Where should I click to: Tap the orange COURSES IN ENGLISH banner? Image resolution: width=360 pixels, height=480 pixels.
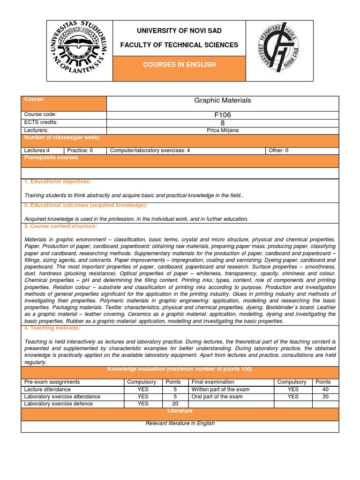[180, 65]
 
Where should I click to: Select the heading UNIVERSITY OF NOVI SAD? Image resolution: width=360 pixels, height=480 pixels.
[180, 31]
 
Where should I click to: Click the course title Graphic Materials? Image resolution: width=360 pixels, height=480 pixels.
[222, 100]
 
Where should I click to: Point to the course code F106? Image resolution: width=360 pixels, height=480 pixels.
[222, 115]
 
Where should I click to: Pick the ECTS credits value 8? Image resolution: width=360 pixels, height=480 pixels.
[222, 123]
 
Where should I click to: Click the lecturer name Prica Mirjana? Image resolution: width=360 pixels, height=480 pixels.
[222, 130]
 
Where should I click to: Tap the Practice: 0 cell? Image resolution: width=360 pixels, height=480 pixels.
[80, 150]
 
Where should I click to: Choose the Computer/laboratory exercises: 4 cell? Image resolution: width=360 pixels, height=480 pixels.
[150, 150]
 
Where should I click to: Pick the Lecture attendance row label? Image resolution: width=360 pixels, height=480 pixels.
[48, 390]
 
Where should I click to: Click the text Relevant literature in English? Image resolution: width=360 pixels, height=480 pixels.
[180, 423]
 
